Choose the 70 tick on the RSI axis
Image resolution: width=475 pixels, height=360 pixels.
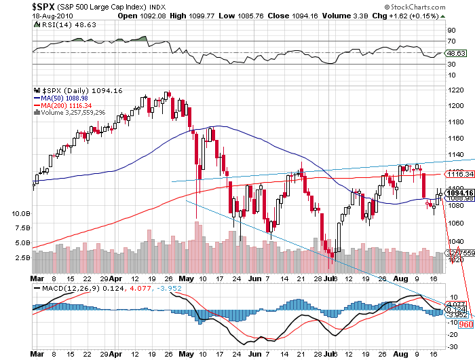tap(451, 41)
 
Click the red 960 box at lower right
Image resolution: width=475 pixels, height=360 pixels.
tap(465, 325)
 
